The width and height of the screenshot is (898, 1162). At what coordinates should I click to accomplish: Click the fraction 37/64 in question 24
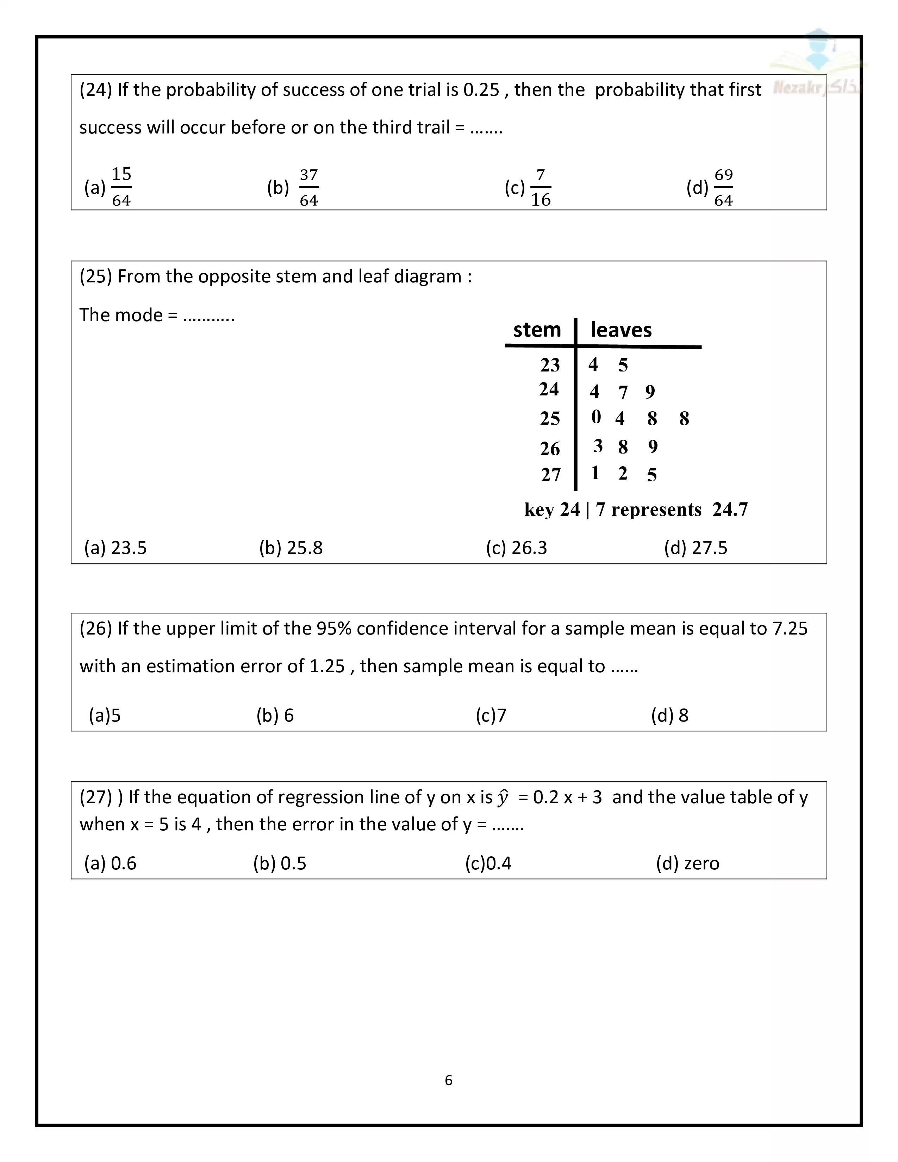(x=308, y=187)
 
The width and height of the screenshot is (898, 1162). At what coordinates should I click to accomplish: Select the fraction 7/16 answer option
(x=541, y=187)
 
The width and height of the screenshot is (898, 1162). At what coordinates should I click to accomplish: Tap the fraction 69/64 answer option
(x=724, y=187)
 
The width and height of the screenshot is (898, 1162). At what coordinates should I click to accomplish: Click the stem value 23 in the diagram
(x=550, y=365)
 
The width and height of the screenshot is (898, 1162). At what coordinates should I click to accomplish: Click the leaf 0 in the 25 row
(x=596, y=417)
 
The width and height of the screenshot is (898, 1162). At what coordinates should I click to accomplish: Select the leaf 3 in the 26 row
(x=598, y=446)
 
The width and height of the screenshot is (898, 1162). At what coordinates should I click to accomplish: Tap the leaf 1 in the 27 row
(x=595, y=473)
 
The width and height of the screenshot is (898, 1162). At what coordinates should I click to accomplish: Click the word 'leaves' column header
(x=621, y=330)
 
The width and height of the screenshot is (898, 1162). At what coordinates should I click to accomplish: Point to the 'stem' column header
(x=537, y=330)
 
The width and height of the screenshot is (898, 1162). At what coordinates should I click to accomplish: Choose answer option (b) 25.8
(x=291, y=548)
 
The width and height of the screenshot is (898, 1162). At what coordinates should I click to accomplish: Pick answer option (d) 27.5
(x=695, y=548)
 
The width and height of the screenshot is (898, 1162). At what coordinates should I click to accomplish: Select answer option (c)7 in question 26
(x=491, y=716)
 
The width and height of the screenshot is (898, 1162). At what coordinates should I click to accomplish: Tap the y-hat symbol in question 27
(x=503, y=797)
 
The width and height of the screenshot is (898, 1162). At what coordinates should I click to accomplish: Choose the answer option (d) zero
(x=687, y=863)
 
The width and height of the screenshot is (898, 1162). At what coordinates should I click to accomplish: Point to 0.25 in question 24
(x=481, y=90)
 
